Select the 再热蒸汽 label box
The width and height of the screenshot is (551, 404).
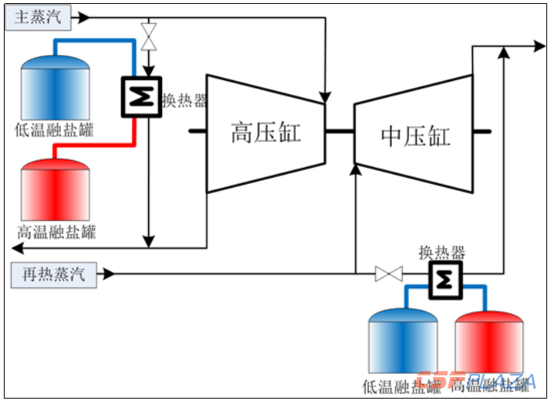(55, 274)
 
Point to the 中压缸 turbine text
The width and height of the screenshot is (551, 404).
(415, 136)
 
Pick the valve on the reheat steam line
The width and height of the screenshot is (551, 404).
(388, 273)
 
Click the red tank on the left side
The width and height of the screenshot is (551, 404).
(55, 190)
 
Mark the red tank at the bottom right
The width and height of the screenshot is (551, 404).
(489, 343)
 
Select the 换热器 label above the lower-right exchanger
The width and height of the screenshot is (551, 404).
(442, 252)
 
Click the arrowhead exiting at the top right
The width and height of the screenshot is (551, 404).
(540, 47)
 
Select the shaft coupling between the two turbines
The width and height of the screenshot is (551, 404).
(339, 132)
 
